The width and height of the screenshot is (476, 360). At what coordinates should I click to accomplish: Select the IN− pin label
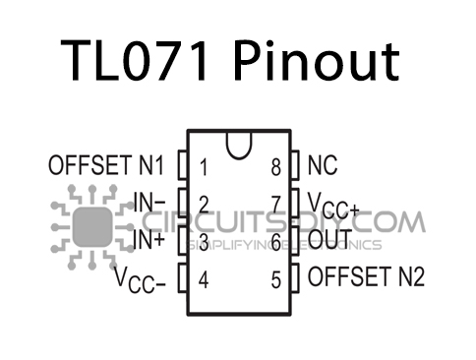pyautogui.click(x=149, y=205)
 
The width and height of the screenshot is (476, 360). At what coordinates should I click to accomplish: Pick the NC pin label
pyautogui.click(x=324, y=165)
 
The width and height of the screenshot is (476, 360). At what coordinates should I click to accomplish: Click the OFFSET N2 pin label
pyautogui.click(x=366, y=276)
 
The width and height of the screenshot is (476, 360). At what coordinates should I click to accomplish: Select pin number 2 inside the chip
pyautogui.click(x=203, y=205)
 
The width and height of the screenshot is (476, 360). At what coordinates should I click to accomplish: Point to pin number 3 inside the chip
pyautogui.click(x=203, y=241)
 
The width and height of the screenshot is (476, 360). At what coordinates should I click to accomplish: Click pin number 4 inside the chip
pyautogui.click(x=203, y=278)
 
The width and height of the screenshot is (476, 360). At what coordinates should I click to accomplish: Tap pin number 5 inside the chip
pyautogui.click(x=277, y=278)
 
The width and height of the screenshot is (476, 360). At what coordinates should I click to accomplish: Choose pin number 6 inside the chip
pyautogui.click(x=277, y=241)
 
